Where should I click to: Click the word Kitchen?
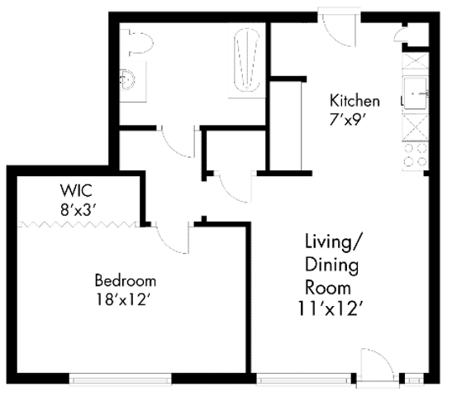tap(354, 101)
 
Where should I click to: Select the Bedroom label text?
tap(126, 280)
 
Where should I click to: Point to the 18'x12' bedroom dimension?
tap(124, 299)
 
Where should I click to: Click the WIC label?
tap(76, 190)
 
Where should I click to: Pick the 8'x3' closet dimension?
tap(78, 210)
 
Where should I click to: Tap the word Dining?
tap(332, 265)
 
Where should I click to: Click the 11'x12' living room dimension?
tap(329, 309)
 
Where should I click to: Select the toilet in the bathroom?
tap(137, 42)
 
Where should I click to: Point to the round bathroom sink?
tap(126, 79)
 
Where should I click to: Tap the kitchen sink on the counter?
tap(416, 93)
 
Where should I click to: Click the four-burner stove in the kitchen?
tap(416, 156)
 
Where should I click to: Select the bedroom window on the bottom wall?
tap(121, 380)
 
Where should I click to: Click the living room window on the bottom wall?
tap(303, 379)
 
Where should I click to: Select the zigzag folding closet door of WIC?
tap(78, 224)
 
